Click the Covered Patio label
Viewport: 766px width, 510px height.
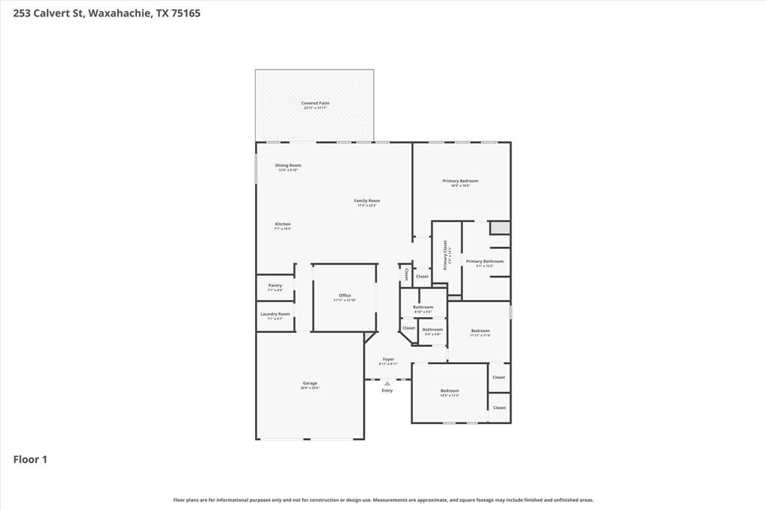pyautogui.click(x=315, y=103)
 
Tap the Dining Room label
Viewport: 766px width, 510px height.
pyautogui.click(x=288, y=165)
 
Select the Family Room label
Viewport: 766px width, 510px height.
pyautogui.click(x=367, y=200)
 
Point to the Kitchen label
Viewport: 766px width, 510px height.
pyautogui.click(x=282, y=224)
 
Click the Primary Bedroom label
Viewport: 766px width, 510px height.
pyautogui.click(x=460, y=181)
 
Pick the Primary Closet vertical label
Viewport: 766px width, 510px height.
pyautogui.click(x=446, y=254)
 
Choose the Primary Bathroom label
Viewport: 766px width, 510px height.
pyautogui.click(x=484, y=262)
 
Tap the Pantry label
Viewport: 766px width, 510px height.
pyautogui.click(x=275, y=285)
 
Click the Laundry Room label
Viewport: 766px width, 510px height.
pyautogui.click(x=275, y=314)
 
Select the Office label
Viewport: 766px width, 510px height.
pyautogui.click(x=344, y=295)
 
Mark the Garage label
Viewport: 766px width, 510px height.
pyautogui.click(x=310, y=383)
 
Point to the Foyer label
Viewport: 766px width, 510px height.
pyautogui.click(x=388, y=359)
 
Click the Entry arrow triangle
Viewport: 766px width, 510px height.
pyautogui.click(x=387, y=384)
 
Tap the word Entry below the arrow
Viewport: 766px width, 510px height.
pyautogui.click(x=387, y=390)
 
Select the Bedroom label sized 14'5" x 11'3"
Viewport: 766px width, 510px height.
pyautogui.click(x=449, y=390)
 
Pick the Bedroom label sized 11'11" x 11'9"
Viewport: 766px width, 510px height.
pyautogui.click(x=479, y=331)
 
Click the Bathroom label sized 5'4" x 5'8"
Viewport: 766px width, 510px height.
pyautogui.click(x=432, y=329)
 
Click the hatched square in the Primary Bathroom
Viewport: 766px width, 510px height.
pyautogui.click(x=500, y=227)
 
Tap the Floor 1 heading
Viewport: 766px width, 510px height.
pyautogui.click(x=30, y=459)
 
